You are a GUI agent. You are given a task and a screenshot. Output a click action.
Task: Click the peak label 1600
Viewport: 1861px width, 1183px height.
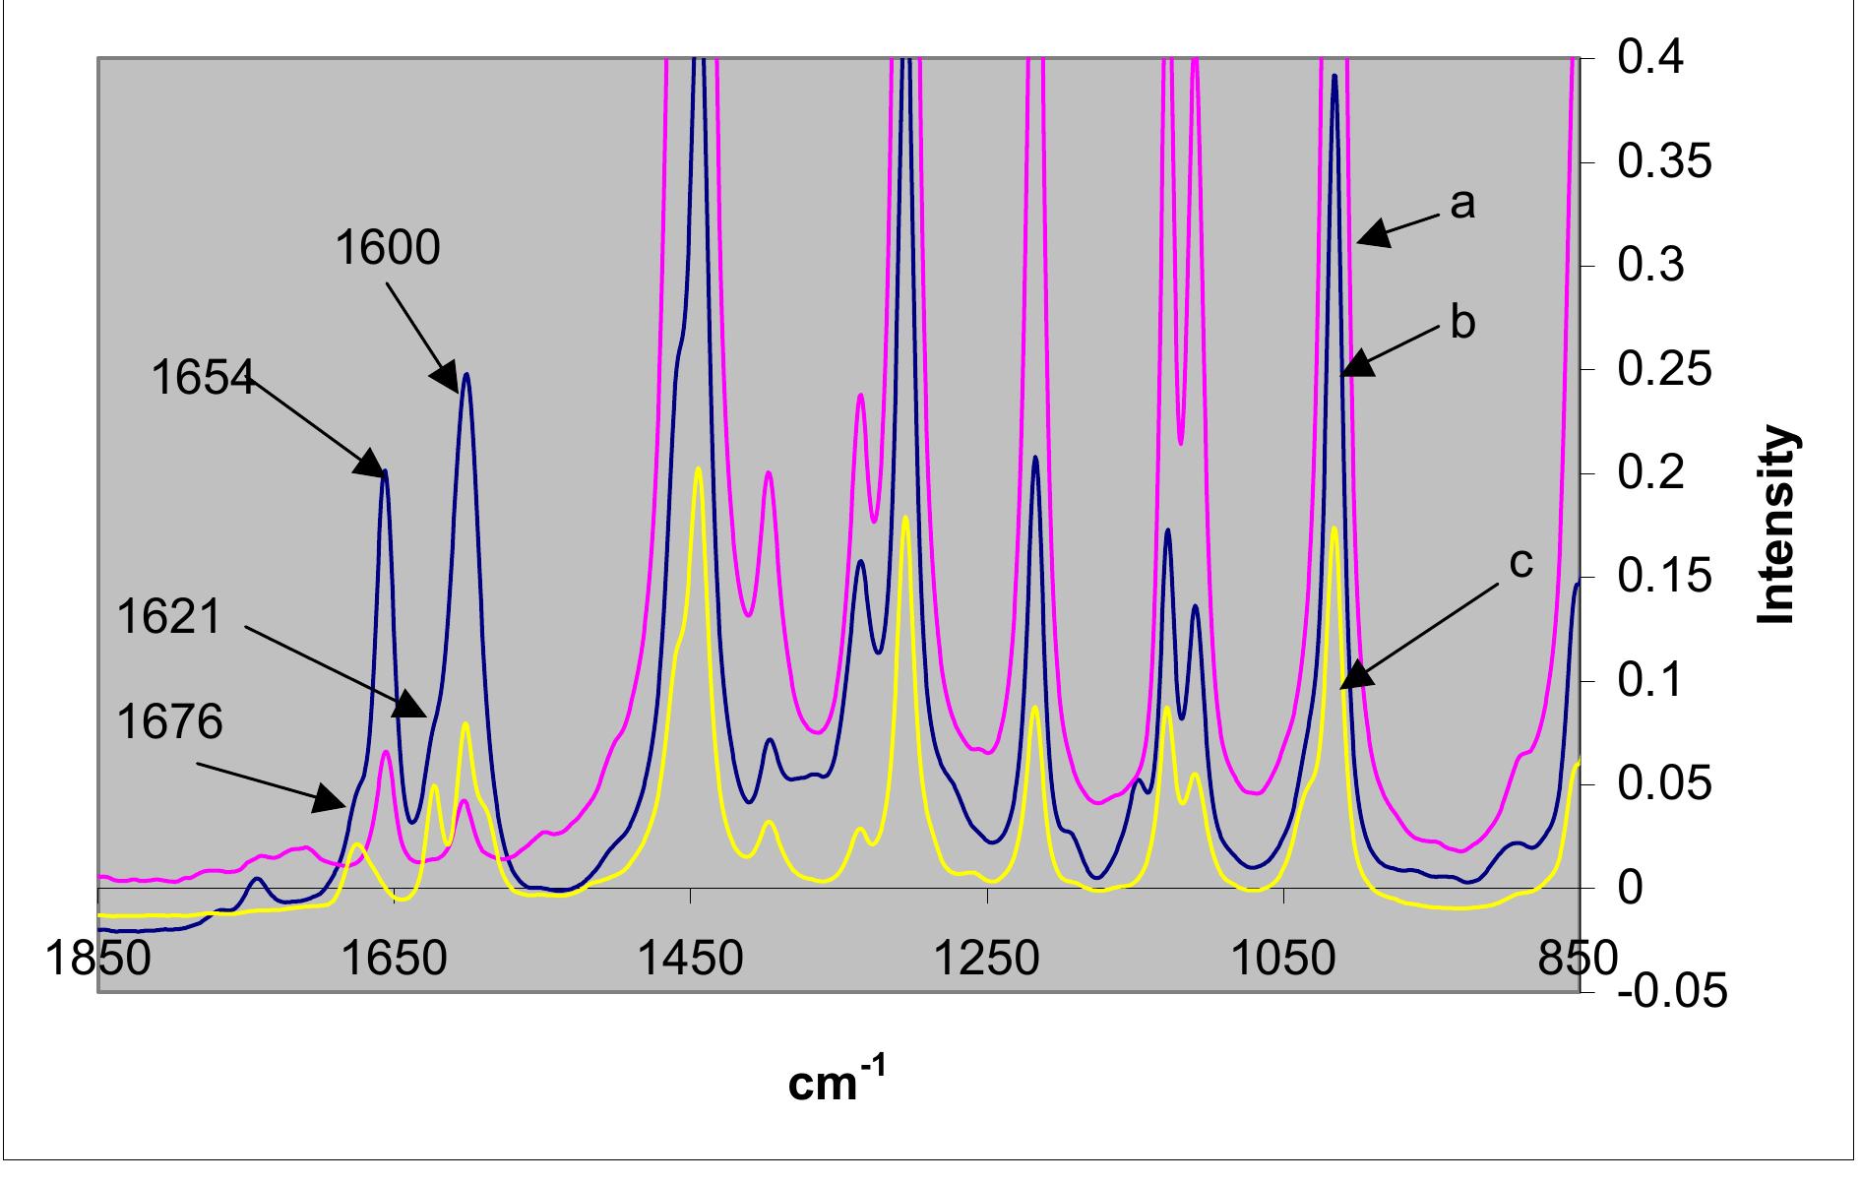point(388,247)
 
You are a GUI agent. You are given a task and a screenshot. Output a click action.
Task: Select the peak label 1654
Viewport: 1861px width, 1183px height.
point(203,377)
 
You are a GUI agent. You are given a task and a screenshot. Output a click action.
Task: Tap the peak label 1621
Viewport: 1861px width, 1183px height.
point(169,618)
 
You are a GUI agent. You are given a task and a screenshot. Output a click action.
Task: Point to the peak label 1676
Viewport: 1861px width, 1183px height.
point(169,722)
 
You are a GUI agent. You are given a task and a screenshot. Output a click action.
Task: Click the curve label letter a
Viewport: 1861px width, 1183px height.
point(1462,203)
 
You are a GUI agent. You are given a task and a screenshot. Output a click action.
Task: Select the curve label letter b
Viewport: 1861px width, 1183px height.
point(1462,323)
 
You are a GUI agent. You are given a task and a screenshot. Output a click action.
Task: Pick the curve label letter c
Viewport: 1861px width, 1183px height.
point(1520,563)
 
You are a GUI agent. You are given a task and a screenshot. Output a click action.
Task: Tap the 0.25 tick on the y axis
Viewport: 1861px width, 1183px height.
point(1664,370)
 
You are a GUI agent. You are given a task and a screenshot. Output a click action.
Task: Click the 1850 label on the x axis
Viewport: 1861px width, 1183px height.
point(99,959)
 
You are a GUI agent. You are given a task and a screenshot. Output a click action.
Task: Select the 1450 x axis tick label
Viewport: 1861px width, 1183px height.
point(691,959)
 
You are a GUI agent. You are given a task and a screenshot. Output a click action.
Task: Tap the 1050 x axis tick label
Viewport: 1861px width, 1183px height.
point(1284,959)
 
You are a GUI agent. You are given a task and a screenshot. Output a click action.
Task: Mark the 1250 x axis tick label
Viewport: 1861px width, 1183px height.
point(987,959)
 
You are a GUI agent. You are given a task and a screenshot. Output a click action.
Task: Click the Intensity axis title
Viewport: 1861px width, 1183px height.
point(1777,525)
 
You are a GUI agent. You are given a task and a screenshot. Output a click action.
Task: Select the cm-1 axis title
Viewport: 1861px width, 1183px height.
point(837,1084)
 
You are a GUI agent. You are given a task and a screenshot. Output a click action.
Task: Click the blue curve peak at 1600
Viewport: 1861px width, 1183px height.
point(466,375)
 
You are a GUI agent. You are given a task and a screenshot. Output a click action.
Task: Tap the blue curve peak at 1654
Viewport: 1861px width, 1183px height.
point(385,471)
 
